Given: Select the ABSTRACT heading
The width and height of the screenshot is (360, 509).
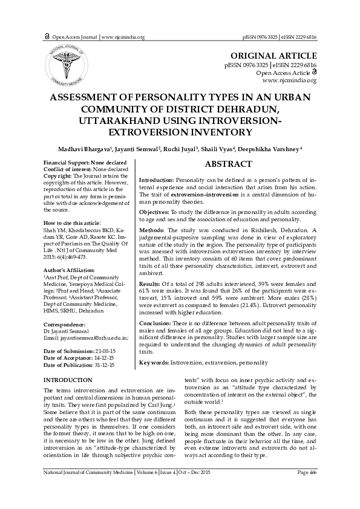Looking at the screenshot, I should point(228,164).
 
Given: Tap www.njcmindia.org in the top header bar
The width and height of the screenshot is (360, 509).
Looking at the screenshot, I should point(123,37).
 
